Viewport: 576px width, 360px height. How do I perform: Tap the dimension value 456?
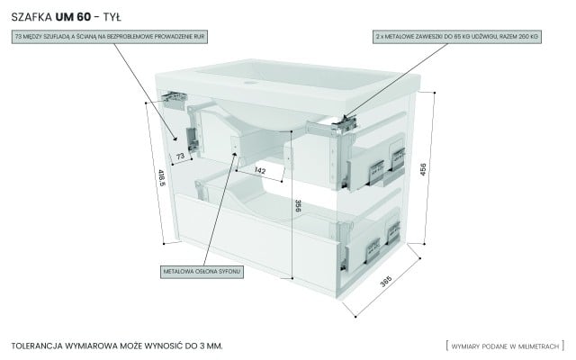436,168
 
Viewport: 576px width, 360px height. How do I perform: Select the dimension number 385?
386,281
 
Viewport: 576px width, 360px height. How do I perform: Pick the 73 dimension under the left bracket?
180,157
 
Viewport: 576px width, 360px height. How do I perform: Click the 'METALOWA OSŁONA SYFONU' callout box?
202,270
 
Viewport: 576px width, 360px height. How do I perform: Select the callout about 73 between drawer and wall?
111,37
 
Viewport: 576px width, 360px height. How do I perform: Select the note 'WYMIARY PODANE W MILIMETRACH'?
504,345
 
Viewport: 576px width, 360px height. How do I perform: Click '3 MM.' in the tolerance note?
207,345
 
